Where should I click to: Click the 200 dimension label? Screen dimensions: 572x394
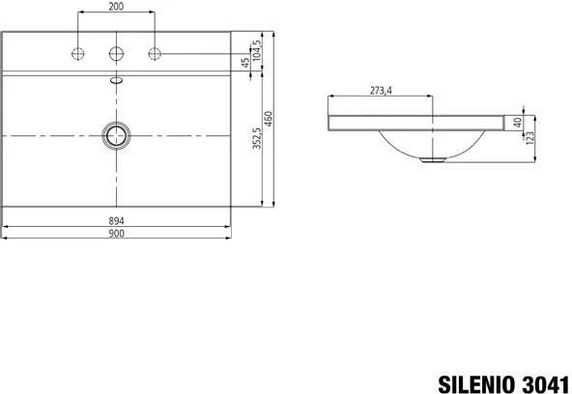[x=116, y=6]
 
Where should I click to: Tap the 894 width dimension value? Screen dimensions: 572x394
[x=116, y=221]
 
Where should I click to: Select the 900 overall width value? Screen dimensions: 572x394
[x=116, y=234]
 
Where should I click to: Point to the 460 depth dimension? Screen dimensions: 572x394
[x=269, y=119]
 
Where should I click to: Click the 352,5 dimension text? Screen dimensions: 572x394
[x=257, y=138]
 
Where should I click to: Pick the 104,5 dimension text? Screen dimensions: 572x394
[x=257, y=50]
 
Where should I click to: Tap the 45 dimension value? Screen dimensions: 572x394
[x=246, y=63]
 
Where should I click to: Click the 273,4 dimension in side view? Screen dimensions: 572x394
[x=381, y=90]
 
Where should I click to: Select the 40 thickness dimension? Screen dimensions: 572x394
[x=518, y=123]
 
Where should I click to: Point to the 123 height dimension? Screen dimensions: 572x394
[x=530, y=137]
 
